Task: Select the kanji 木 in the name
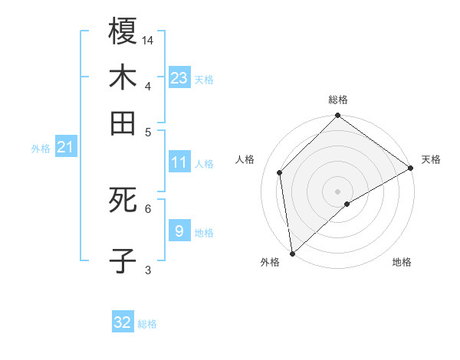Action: (123, 77)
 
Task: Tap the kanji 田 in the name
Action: (123, 123)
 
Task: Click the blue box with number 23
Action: (179, 78)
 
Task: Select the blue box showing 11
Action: (179, 162)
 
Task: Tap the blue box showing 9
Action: (179, 231)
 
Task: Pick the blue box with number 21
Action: (64, 147)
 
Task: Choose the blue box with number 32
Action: (123, 322)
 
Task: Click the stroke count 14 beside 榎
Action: (149, 39)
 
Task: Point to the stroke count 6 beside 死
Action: (148, 208)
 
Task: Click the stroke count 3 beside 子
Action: (148, 269)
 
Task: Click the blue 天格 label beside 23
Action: (204, 80)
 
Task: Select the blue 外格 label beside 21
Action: (40, 149)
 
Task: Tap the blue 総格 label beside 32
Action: (147, 324)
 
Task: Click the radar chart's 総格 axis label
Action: (338, 100)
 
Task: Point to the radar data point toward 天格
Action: (410, 169)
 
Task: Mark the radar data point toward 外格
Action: (292, 254)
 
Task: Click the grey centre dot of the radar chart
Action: (338, 191)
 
